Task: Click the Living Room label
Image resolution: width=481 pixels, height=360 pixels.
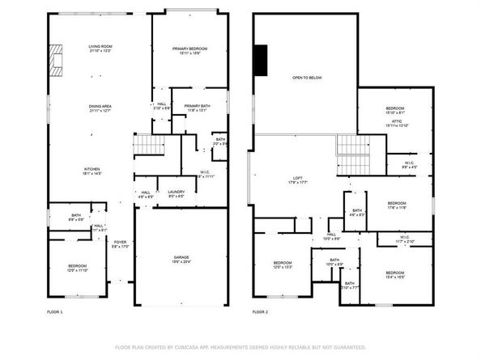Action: coord(100,47)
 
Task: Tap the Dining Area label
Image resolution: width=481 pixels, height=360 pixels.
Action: coord(100,107)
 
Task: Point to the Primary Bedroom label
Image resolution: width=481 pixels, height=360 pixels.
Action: coord(189,49)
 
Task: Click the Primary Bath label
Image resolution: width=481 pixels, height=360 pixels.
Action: coord(197,107)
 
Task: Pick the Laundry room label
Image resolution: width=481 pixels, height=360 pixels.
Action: coord(177,192)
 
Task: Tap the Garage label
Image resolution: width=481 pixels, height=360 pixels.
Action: coord(181,258)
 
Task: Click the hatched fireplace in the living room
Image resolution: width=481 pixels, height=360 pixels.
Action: coord(54,59)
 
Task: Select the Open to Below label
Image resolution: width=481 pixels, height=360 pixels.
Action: coord(307,78)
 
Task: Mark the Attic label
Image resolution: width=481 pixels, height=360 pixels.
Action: coord(394,121)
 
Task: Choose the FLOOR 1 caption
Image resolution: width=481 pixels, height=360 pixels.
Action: coord(55,311)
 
